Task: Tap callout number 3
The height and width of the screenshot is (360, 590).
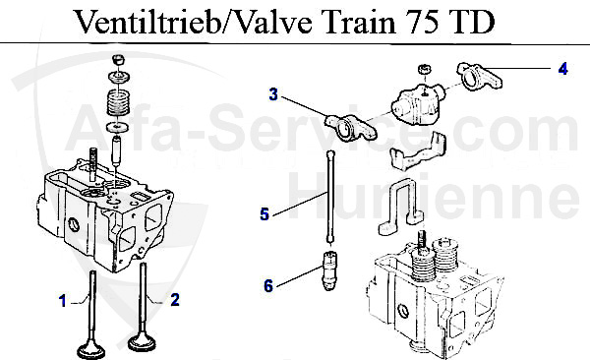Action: point(274,94)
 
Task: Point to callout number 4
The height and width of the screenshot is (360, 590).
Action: point(561,68)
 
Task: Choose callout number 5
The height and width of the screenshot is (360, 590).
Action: point(264,212)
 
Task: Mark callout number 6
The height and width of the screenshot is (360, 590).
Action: point(266,286)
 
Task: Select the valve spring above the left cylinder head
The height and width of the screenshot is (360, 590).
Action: point(119,101)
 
